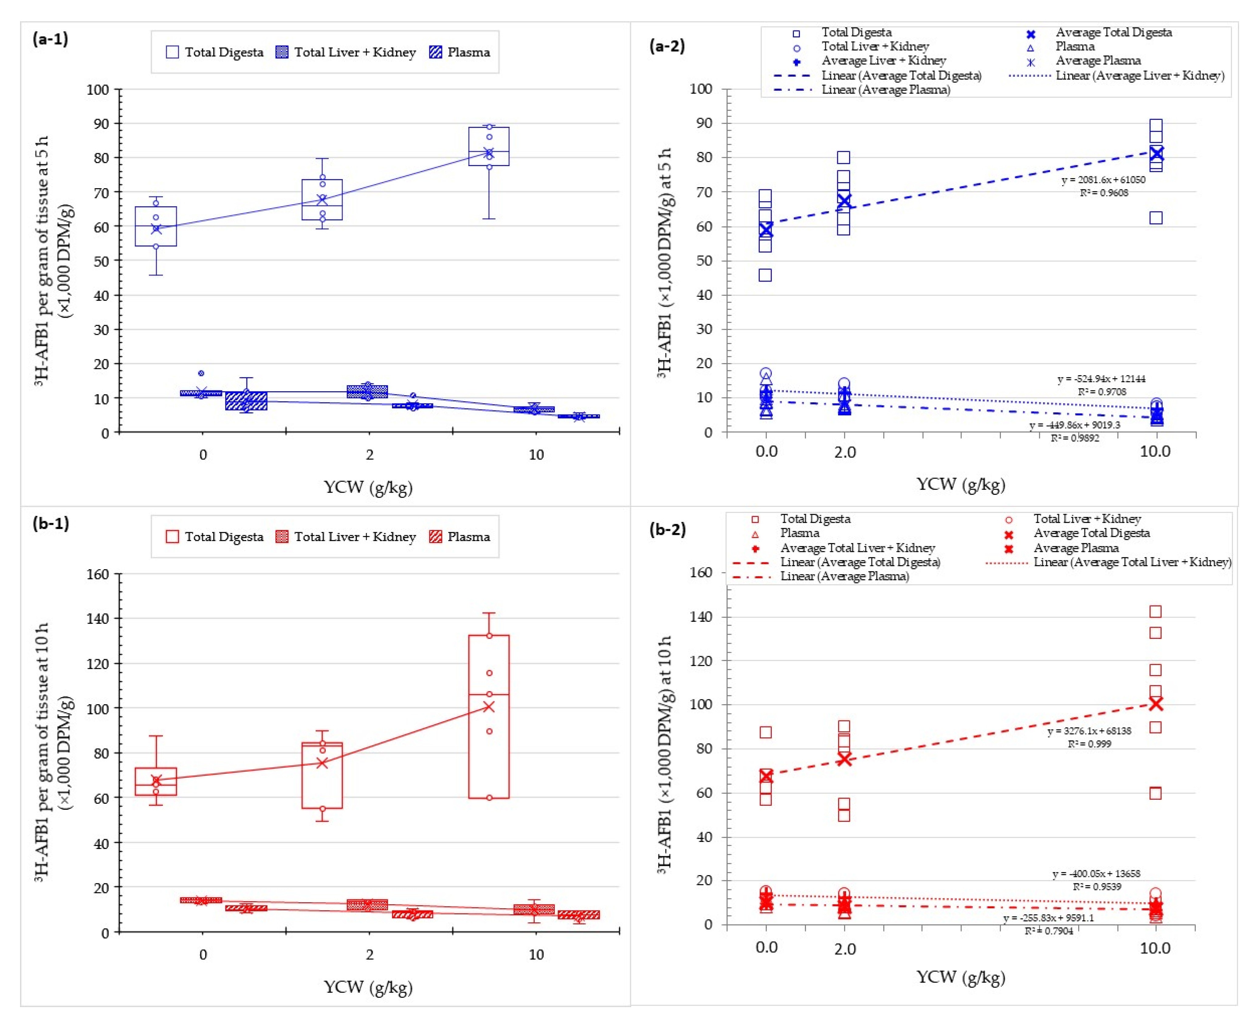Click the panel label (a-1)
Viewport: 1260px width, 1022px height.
point(50,40)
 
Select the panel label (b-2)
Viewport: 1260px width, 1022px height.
point(667,529)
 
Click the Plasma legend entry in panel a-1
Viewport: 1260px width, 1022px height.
point(460,52)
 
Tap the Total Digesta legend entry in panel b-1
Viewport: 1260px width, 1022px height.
point(214,537)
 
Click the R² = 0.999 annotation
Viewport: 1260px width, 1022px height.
point(1090,743)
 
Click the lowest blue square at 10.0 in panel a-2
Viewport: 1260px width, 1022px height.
point(1156,218)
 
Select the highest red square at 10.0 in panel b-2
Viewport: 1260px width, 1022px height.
point(1155,612)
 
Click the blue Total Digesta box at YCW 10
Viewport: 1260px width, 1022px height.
point(489,147)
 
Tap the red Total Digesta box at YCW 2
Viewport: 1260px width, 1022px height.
point(322,775)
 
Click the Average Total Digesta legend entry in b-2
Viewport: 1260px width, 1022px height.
point(1091,533)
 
